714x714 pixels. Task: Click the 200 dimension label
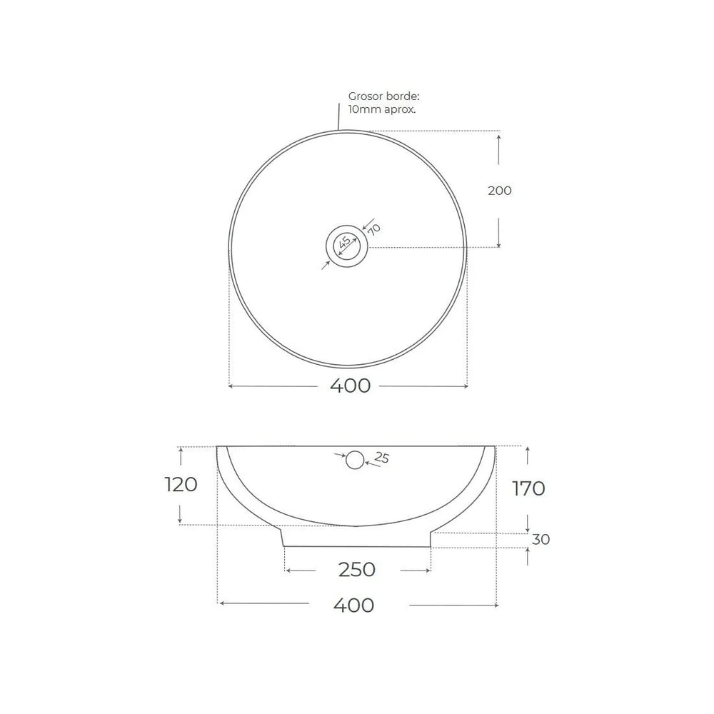[x=500, y=191]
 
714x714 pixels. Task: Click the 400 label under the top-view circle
[x=350, y=386]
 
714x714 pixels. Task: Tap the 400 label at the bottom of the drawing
[x=354, y=605]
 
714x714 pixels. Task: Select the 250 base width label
[x=356, y=570]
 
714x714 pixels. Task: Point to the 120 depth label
[x=181, y=485]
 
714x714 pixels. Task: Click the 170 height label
[x=528, y=488]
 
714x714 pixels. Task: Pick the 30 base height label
[x=541, y=540]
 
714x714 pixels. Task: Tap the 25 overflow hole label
[x=381, y=457]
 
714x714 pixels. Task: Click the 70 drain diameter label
[x=374, y=229]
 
